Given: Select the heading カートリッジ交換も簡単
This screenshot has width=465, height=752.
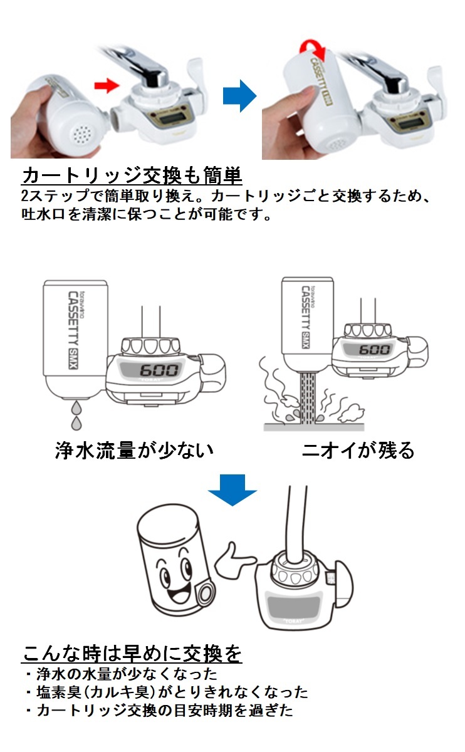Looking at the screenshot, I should point(132,175).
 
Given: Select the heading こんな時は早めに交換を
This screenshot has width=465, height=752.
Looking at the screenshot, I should point(132,654).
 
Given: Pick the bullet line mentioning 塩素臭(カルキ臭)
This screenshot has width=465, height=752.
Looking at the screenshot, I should point(167,692).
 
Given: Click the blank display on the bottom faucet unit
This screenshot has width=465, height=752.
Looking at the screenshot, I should point(295,605).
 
